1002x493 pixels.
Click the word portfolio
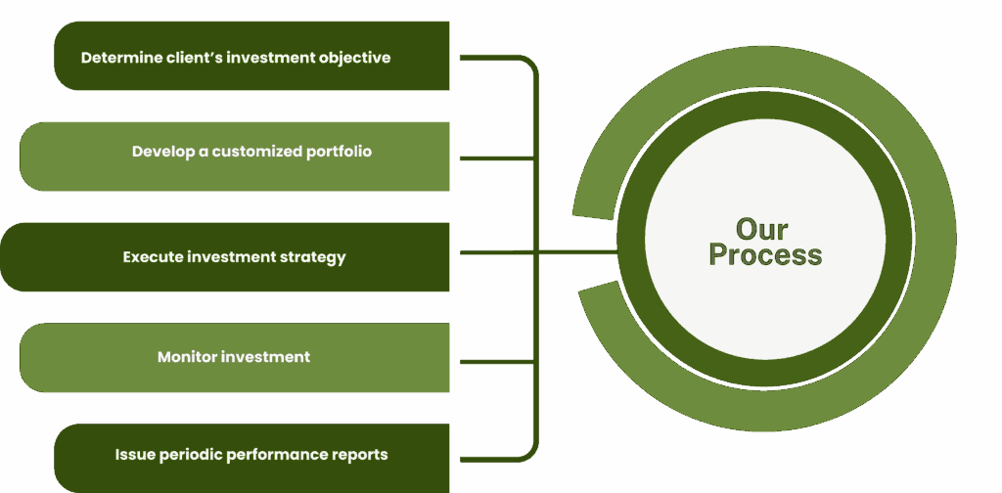click(337, 152)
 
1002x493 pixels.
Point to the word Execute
click(153, 257)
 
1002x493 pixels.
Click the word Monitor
click(187, 357)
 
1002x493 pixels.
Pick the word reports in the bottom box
click(360, 455)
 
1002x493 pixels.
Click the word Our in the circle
click(762, 230)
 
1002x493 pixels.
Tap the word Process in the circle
click(765, 255)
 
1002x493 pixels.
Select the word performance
click(277, 455)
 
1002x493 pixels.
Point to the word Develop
click(163, 152)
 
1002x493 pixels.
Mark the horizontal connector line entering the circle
click(577, 252)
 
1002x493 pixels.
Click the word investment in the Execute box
click(231, 257)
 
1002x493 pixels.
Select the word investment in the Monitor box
click(265, 357)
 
